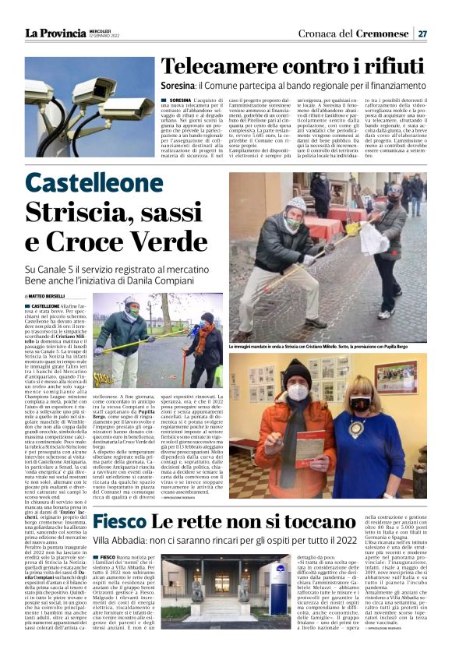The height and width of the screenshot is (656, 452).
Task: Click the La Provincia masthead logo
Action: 55,33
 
